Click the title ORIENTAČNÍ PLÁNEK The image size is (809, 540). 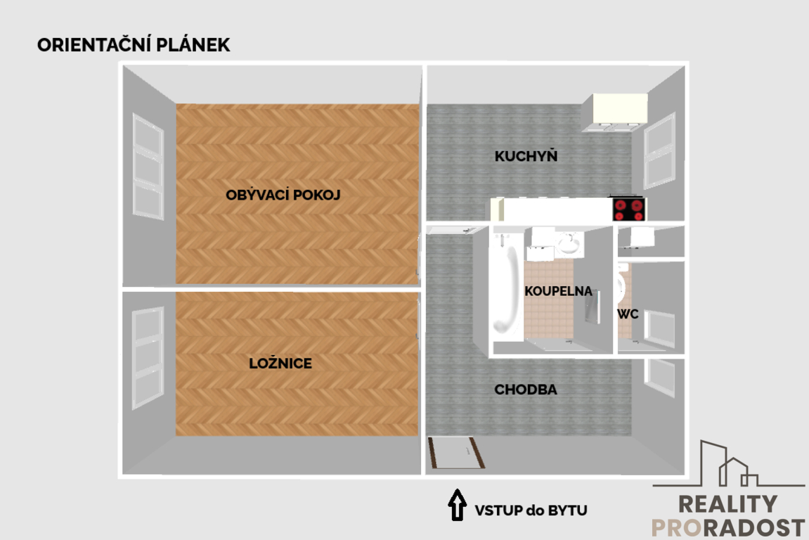coord(134,45)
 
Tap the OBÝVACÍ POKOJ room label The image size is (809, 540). coord(283,195)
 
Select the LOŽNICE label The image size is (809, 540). coord(280,364)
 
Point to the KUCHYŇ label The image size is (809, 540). coord(526,156)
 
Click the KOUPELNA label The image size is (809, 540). coord(558,291)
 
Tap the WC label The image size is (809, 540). coord(628,314)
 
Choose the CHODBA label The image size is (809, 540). coord(526,390)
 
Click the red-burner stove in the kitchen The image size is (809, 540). coord(629,209)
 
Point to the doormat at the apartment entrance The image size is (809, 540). coord(457,453)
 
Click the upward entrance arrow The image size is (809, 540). coord(457,505)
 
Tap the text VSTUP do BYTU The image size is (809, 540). coord(531,510)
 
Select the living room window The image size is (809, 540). coord(148,166)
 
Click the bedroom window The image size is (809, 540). coord(148,358)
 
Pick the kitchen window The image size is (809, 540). coord(659,151)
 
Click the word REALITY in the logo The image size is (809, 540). coord(727,504)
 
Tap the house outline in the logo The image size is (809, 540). coord(728,464)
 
